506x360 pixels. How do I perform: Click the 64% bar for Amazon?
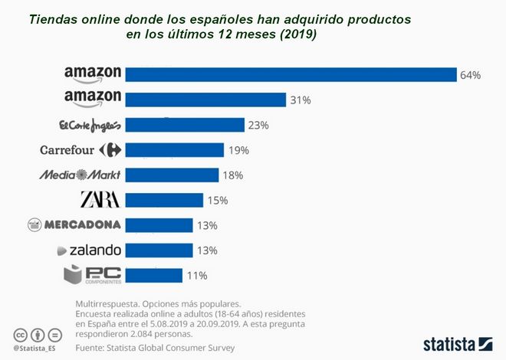click(x=291, y=74)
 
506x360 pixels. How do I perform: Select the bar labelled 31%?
click(x=205, y=100)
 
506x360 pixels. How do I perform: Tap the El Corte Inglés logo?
click(x=90, y=125)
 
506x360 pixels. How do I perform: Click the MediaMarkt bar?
click(x=172, y=175)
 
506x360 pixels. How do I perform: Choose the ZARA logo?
click(x=100, y=200)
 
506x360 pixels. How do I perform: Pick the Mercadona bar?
click(x=159, y=225)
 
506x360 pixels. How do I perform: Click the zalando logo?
click(x=90, y=250)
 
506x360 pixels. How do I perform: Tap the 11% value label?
click(x=197, y=276)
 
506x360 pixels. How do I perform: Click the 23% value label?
click(x=259, y=125)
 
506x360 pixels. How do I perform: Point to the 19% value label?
click(x=238, y=150)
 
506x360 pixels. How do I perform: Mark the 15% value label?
click(x=218, y=201)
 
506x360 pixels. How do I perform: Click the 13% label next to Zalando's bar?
click(x=207, y=250)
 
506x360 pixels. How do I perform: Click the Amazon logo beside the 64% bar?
click(x=93, y=74)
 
